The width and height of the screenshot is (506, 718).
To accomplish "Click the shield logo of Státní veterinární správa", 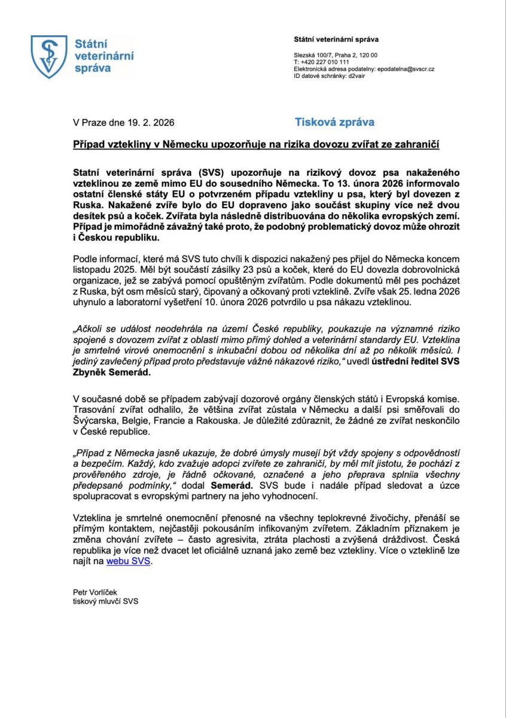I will coord(49,56).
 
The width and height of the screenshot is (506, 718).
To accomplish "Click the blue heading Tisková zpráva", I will coord(335,122).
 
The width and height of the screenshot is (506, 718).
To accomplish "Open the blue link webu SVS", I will coord(129,561).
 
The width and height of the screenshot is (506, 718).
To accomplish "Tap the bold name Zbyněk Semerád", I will coord(111,372).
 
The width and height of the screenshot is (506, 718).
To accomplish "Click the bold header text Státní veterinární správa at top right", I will coord(336,39).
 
